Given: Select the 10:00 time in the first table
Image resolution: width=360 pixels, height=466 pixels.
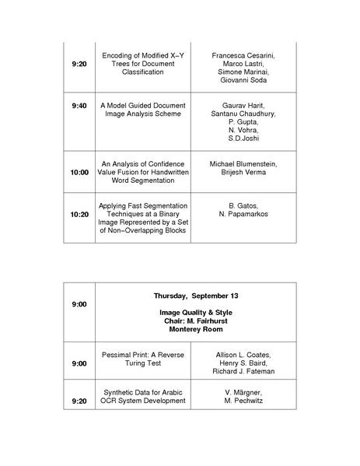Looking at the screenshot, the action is pyautogui.click(x=79, y=171).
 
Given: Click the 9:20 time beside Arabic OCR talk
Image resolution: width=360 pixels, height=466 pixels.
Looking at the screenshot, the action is pyautogui.click(x=79, y=401).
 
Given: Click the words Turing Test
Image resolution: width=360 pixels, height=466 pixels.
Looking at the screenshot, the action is pyautogui.click(x=143, y=363).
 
